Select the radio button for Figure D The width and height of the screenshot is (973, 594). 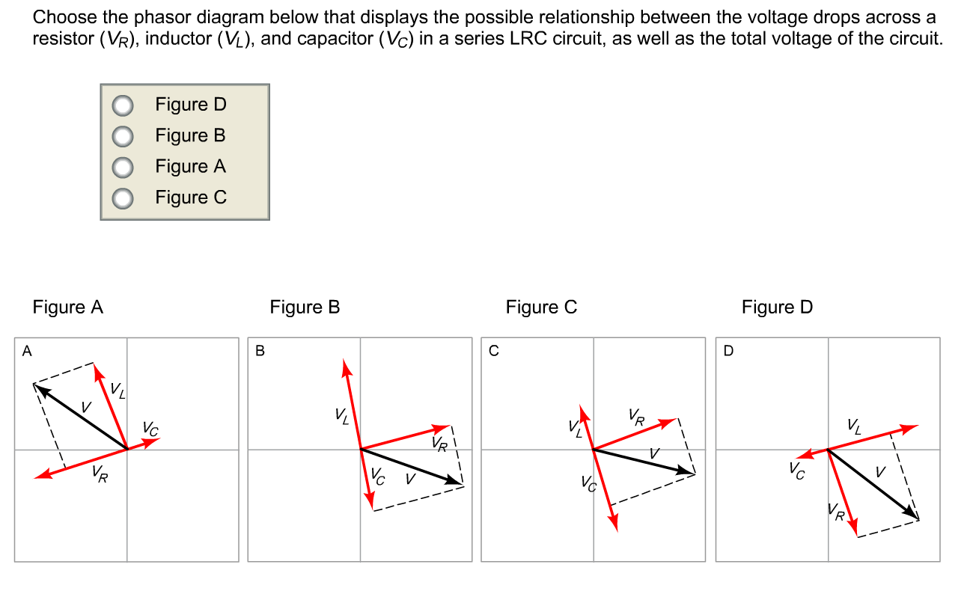point(123,105)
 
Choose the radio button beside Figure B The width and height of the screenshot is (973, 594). point(123,136)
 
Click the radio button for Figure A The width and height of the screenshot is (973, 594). point(123,168)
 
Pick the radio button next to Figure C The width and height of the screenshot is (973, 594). point(123,198)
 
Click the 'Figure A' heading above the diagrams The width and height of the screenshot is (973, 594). point(68,307)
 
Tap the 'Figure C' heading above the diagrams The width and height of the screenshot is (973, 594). point(541,307)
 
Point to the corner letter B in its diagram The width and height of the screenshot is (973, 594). point(260,350)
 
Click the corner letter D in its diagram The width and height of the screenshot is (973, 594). point(728,350)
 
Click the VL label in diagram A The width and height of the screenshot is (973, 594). point(118,390)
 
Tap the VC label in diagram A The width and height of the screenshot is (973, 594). point(150,429)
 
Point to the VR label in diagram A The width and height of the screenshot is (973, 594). point(100,474)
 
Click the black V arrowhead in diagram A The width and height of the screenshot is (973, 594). point(42,391)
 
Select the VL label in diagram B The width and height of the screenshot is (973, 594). point(342,415)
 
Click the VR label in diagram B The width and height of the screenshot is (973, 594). point(439,444)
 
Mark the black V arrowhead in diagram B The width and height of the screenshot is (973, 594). point(453,480)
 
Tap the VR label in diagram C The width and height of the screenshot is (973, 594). point(636,417)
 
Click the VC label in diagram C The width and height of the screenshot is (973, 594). point(588,484)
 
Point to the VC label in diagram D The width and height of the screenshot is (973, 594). point(797,471)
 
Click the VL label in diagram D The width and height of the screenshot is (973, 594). point(854,426)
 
